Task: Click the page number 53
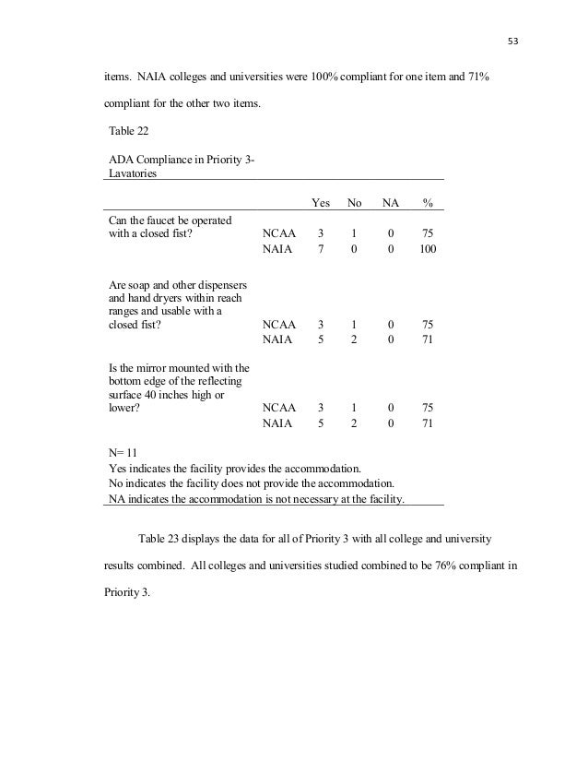(x=513, y=41)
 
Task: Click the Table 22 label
(x=129, y=131)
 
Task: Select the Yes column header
(x=321, y=202)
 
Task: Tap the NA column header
(x=391, y=202)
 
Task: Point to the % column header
(x=428, y=202)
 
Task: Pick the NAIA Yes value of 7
(x=321, y=249)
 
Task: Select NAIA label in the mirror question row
(x=277, y=424)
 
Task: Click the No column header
(x=355, y=202)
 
